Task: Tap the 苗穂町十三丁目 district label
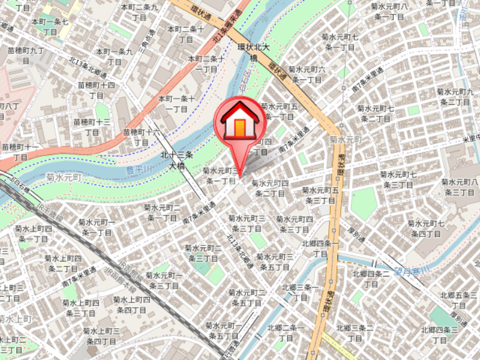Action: point(92,127)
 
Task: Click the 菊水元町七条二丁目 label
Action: point(375,113)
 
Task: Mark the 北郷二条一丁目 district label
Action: point(286,333)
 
